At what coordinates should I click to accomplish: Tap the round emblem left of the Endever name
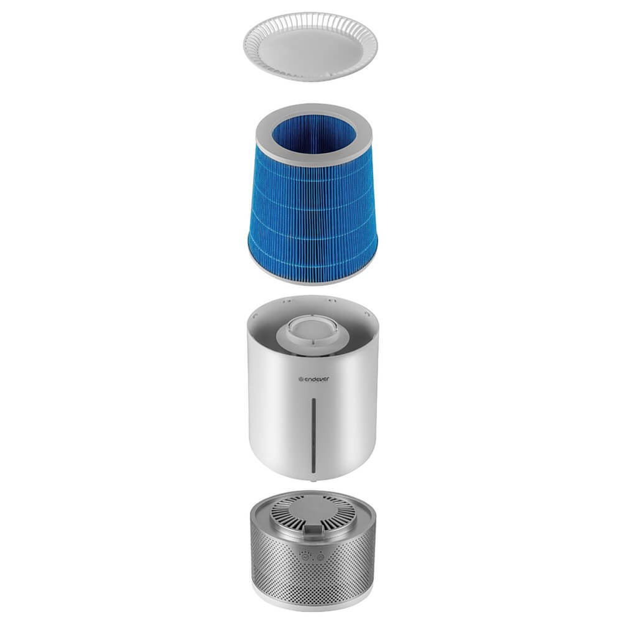coord(300,379)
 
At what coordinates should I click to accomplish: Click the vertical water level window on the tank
coord(313,435)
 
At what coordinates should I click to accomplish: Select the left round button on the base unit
coord(305,557)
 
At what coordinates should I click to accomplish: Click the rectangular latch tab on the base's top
coord(313,529)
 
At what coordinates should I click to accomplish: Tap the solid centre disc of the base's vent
coord(312,511)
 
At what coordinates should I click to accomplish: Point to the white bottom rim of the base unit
coord(313,599)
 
